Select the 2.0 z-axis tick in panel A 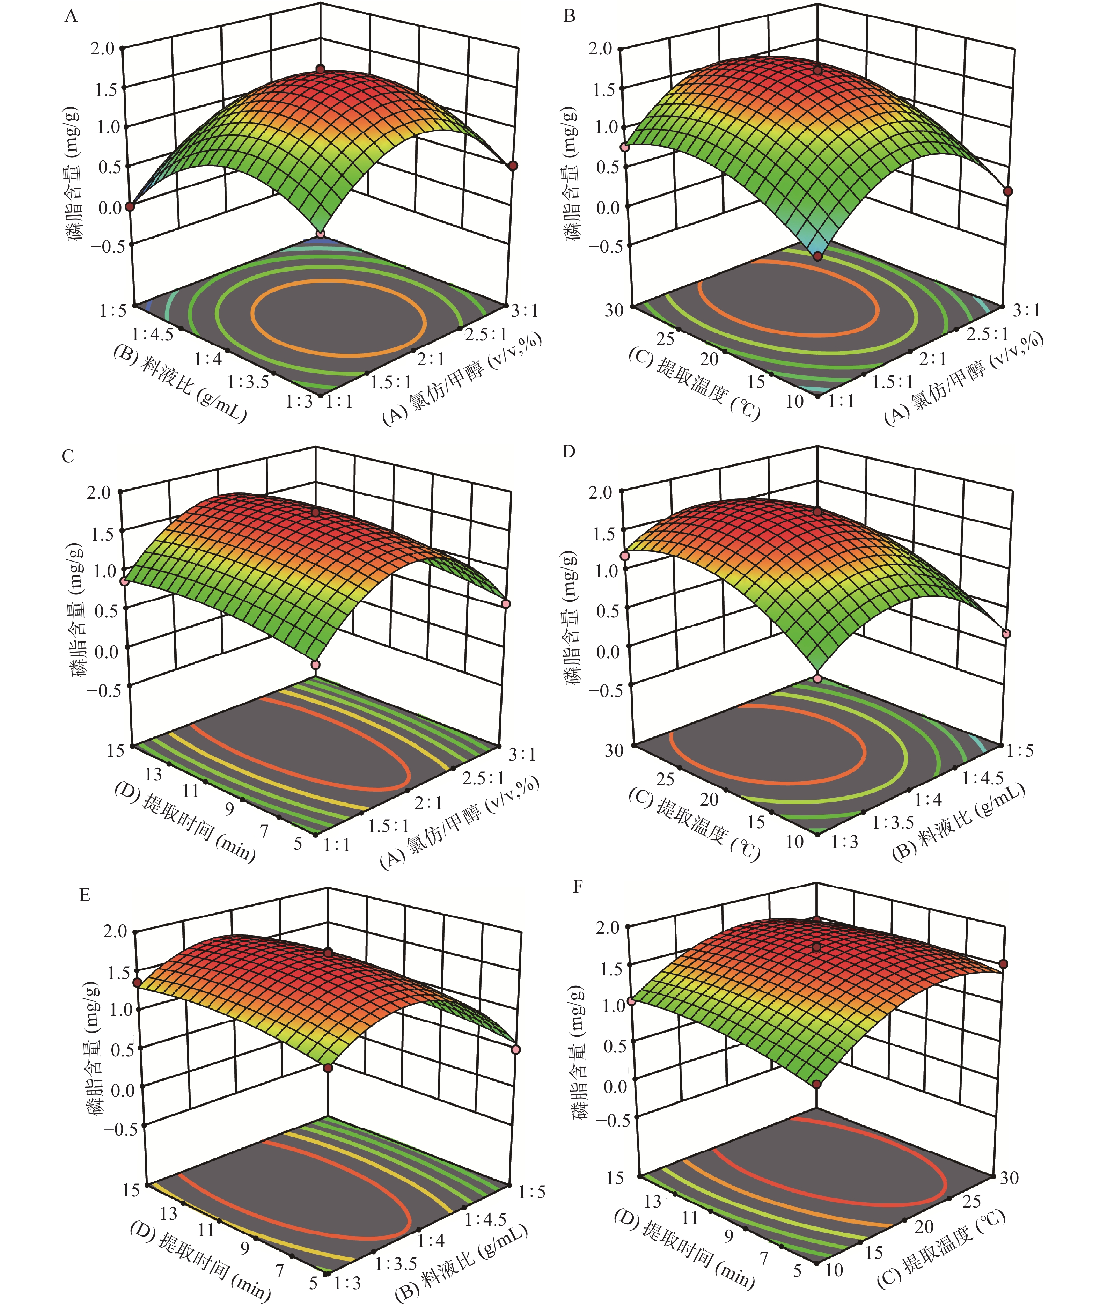pos(103,49)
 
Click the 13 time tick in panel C pos(153,774)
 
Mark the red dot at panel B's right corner pos(1009,191)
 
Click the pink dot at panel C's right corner pos(506,604)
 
